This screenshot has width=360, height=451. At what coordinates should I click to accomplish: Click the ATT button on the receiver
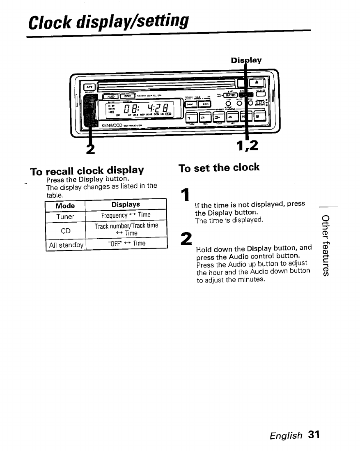[89, 87]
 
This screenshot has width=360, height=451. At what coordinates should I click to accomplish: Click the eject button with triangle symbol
[259, 84]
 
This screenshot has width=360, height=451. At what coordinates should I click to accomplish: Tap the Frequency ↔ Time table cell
[126, 215]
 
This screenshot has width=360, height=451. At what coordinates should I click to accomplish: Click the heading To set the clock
[219, 168]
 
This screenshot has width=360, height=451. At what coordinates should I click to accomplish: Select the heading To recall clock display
[87, 170]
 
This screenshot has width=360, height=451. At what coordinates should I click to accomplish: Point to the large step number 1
[186, 195]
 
